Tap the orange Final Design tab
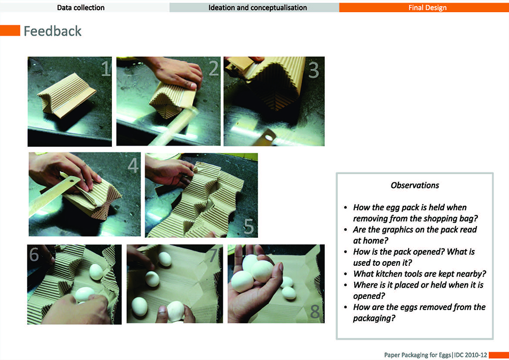pos(424,7)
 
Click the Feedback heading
pos(52,31)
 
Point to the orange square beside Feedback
pos(10,31)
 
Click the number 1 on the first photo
pos(106,69)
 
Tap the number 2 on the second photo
pos(213,69)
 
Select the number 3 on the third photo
pos(313,70)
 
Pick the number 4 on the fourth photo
pos(133,165)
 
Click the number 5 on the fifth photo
pos(249,226)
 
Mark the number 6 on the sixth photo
pos(34,254)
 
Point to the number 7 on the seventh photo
pos(213,255)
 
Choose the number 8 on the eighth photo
pos(315,312)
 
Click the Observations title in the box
pos(415,185)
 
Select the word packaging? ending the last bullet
pos(374,318)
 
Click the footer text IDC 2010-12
pos(470,355)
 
